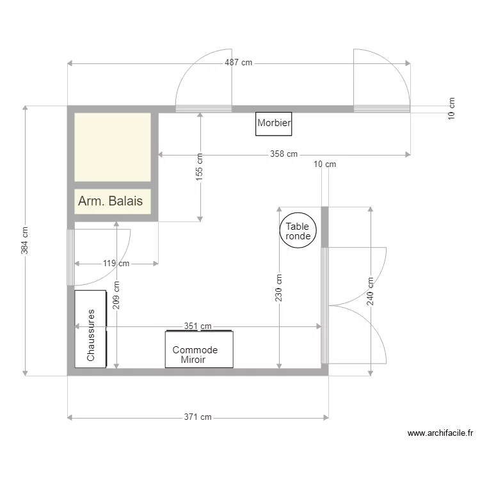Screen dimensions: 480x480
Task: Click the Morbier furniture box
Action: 274,124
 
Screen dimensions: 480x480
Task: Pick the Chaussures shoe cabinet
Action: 90,329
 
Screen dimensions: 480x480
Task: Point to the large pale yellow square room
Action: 113,147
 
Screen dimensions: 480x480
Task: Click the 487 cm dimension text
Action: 238,63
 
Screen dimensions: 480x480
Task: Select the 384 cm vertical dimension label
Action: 25,241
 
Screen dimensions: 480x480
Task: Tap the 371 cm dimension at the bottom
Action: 198,417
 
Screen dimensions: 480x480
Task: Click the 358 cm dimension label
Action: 284,154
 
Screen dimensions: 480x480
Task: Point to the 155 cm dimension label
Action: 200,166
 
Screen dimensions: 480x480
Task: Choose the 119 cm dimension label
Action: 116,263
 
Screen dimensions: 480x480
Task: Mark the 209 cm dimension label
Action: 116,296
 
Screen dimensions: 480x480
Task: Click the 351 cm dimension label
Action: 198,326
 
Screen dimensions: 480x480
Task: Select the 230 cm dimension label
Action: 279,288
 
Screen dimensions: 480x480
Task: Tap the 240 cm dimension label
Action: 371,291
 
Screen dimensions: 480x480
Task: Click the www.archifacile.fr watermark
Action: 440,433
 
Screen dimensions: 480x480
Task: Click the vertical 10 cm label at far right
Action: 451,108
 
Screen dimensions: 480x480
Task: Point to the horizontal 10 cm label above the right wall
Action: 324,164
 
